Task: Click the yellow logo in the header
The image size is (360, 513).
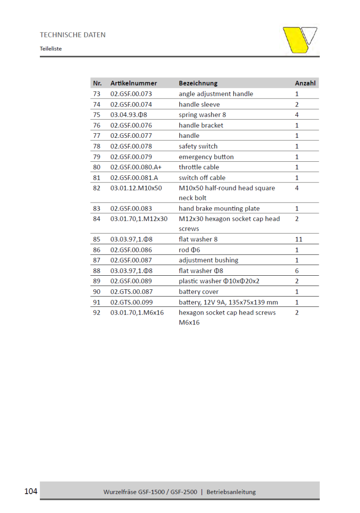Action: point(300,40)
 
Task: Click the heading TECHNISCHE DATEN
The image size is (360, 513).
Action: point(73,35)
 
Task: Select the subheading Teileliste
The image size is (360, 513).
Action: point(51,48)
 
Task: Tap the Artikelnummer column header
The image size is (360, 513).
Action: point(134,83)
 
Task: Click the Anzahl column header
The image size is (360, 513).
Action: point(305,83)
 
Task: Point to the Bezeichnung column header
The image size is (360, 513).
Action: point(198,83)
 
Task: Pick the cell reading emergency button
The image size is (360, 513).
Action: point(206,157)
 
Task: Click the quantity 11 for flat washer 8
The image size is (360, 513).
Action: point(299,239)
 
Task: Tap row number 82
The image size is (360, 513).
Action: point(97,188)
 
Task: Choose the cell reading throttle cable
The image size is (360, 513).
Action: point(199,167)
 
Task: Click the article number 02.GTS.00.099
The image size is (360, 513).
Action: point(131,302)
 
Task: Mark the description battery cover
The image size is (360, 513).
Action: point(198,292)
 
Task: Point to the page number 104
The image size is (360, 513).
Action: point(30,491)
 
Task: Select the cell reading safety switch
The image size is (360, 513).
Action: point(198,146)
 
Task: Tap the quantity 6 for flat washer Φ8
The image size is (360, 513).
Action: point(297,271)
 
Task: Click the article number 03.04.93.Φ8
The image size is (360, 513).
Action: point(129,114)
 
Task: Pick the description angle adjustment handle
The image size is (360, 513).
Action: point(216,94)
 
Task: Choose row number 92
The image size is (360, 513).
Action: point(97,312)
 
